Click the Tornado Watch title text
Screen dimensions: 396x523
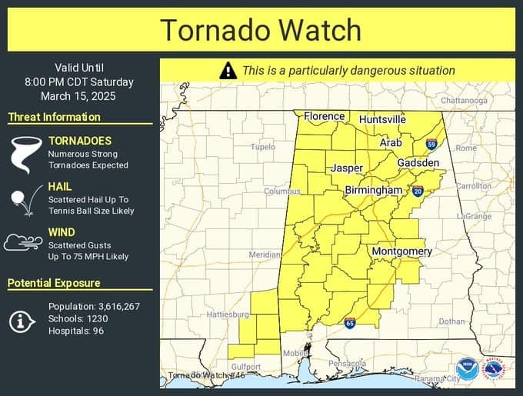tap(261, 30)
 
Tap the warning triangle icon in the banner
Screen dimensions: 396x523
tap(228, 71)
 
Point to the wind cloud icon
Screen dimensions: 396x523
tap(22, 244)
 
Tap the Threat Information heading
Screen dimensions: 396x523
tap(54, 117)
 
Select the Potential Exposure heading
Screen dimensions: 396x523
tap(54, 283)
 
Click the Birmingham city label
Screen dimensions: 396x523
tap(373, 190)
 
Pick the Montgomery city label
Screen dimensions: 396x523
tap(401, 251)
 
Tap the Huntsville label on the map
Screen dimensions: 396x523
tap(382, 120)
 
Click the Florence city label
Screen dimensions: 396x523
tap(324, 116)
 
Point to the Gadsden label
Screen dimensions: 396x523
tap(418, 163)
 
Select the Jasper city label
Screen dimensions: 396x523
tap(347, 168)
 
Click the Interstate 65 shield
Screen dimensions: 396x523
tap(350, 324)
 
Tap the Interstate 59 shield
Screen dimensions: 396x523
tap(431, 144)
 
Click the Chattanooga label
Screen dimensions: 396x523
tap(464, 100)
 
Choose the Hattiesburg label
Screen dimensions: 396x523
tap(228, 314)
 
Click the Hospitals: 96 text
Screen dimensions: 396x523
tap(76, 331)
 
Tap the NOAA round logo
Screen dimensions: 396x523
tap(466, 368)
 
